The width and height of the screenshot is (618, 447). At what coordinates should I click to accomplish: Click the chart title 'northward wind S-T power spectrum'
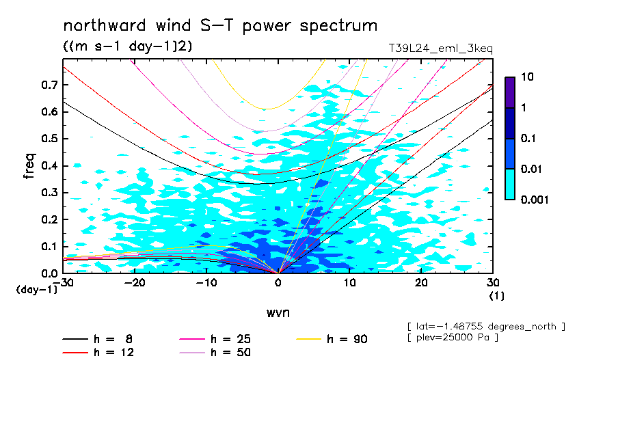point(220,26)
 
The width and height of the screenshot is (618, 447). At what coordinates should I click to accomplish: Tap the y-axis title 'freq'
point(29,166)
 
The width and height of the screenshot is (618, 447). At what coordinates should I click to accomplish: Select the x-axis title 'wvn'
point(278,312)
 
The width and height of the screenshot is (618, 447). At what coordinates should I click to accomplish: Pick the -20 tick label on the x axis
point(135,283)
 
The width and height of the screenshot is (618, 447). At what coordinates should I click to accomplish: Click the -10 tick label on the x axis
point(206,283)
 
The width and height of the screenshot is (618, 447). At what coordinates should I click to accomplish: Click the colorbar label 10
point(528,77)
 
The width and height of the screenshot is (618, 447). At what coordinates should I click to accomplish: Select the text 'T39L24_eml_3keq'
point(440,48)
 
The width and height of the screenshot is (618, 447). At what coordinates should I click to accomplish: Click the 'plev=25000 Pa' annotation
point(452,337)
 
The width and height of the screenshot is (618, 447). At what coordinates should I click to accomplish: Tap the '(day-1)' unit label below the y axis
point(36,290)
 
